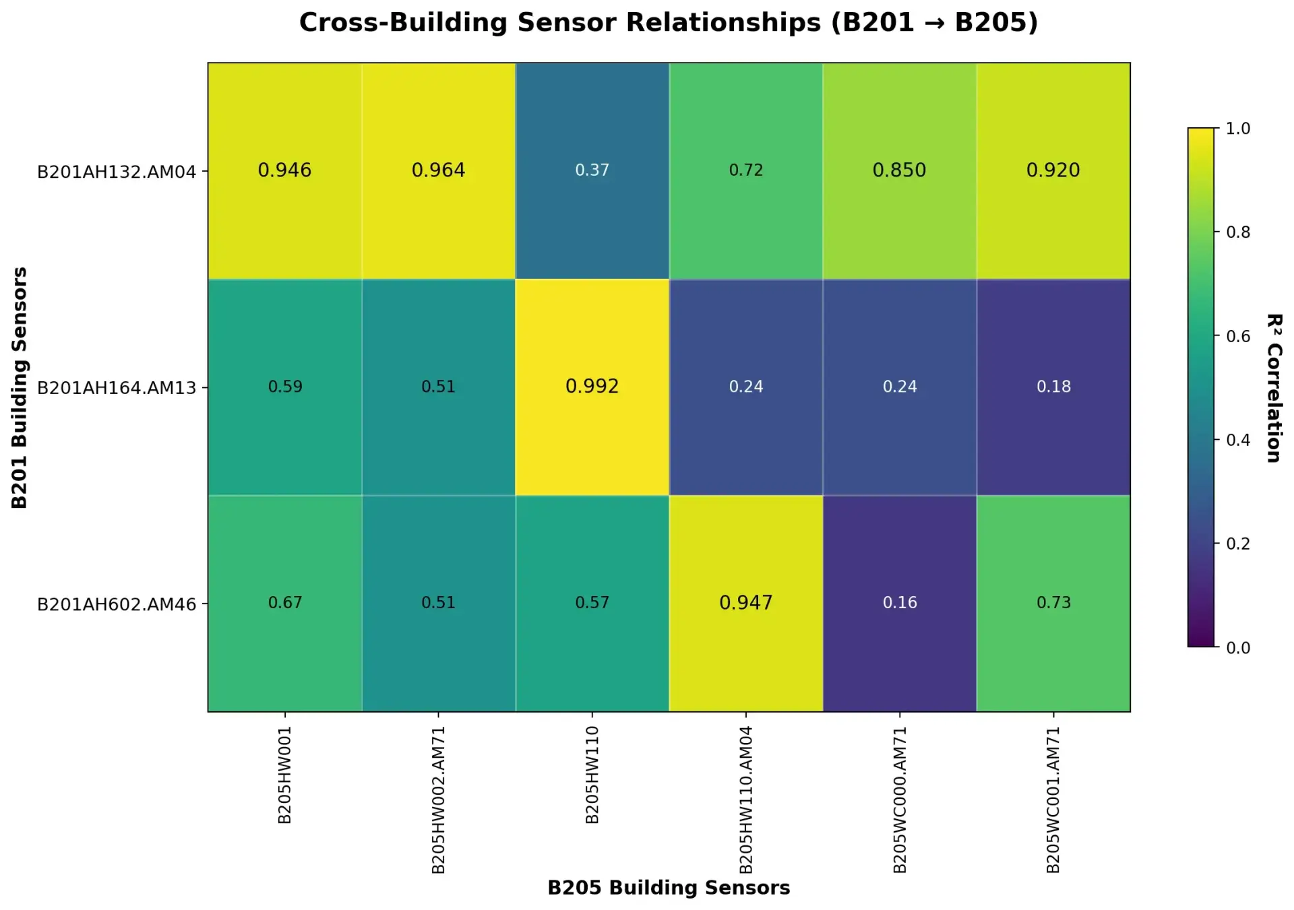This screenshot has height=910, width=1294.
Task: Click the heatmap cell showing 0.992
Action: [x=592, y=387]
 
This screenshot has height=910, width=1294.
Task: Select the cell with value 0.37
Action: [x=592, y=170]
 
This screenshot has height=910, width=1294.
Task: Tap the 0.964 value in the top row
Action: [x=438, y=170]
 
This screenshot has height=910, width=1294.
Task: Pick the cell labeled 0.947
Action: [x=745, y=602]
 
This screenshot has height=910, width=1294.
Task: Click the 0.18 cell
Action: [x=1053, y=387]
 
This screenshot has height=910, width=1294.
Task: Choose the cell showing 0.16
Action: [x=900, y=602]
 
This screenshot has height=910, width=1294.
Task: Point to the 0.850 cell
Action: [x=900, y=170]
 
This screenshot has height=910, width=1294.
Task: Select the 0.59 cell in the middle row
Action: [x=285, y=387]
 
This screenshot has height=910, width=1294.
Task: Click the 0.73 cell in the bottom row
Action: [x=1053, y=602]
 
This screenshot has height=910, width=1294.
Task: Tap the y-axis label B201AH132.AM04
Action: [x=117, y=172]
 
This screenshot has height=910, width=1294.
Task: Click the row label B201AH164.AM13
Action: [x=117, y=389]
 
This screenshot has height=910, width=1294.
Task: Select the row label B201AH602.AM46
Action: [x=117, y=605]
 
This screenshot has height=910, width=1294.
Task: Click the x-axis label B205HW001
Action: [x=285, y=775]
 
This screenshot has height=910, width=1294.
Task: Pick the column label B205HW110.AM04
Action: [x=745, y=800]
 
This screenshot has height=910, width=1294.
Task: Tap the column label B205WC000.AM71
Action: [x=900, y=800]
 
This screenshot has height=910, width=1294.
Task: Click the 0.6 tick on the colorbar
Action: [x=1237, y=336]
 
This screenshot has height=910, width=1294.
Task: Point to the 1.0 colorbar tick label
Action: [x=1237, y=129]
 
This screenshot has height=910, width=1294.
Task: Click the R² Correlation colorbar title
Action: [x=1273, y=388]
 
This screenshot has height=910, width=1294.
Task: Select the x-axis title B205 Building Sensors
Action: [x=669, y=888]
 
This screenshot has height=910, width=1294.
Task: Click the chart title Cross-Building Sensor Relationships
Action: [x=669, y=22]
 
